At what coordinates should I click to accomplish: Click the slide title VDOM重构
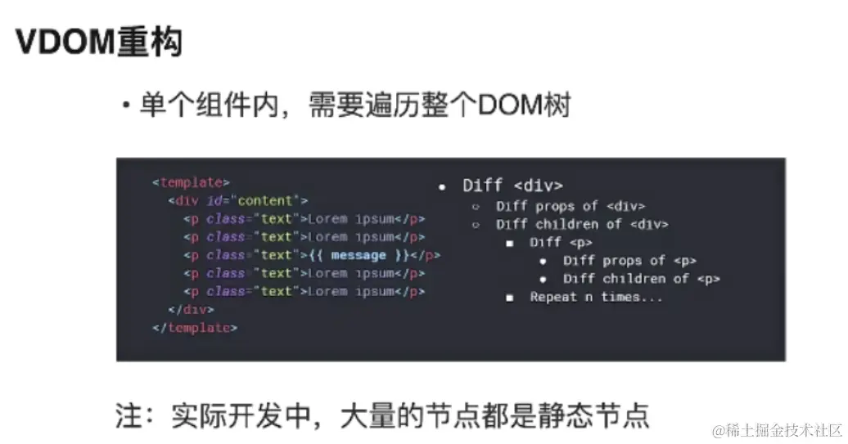[x=99, y=42]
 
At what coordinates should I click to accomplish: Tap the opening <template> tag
[x=191, y=182]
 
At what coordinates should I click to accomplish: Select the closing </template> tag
[x=195, y=328]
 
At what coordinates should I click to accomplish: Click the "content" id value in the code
[x=268, y=201]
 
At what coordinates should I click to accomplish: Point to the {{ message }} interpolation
[x=358, y=255]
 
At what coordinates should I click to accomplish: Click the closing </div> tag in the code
[x=191, y=310]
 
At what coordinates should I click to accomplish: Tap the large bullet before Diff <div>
[x=442, y=186]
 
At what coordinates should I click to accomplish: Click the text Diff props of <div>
[x=570, y=207]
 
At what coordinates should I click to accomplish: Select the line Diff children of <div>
[x=581, y=225]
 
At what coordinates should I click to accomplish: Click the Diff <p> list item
[x=561, y=243]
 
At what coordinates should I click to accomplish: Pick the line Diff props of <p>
[x=629, y=261]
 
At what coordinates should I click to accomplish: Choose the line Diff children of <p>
[x=641, y=279]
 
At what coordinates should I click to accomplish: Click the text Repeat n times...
[x=596, y=298]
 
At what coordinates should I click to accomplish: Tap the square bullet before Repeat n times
[x=509, y=298]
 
